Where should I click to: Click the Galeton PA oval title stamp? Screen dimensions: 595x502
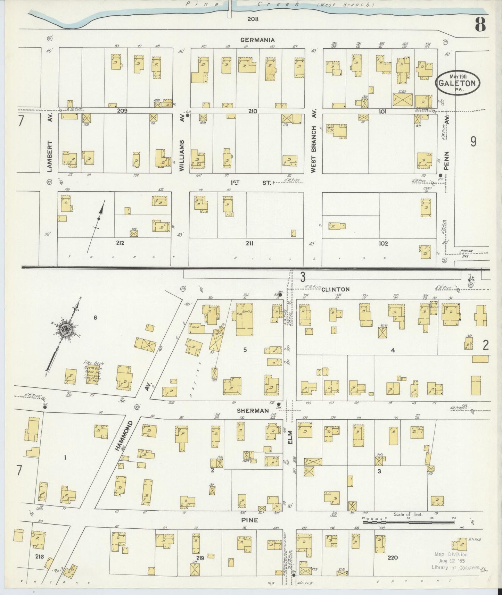(x=459, y=83)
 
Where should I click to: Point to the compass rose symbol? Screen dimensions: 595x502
(x=65, y=330)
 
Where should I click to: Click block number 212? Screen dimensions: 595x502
(x=120, y=243)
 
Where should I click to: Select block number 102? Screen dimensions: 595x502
(x=383, y=244)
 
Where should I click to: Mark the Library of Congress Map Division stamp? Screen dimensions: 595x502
(x=452, y=561)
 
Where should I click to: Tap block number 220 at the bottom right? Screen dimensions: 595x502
(x=393, y=558)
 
